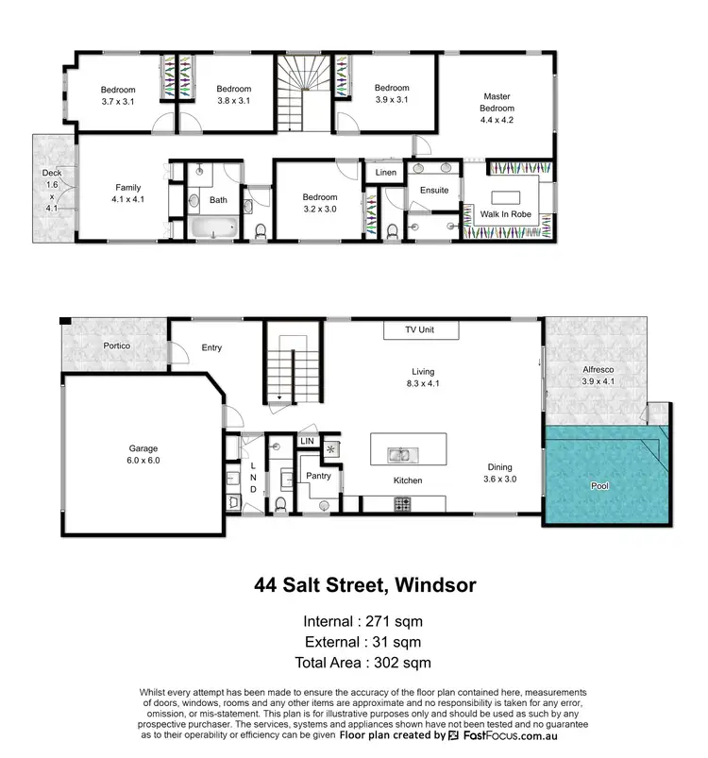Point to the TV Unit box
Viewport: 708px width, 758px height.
pyautogui.click(x=420, y=331)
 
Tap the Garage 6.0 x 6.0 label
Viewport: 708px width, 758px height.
pyautogui.click(x=143, y=455)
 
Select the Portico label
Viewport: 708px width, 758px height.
pyautogui.click(x=116, y=346)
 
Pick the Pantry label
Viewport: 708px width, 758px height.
pyautogui.click(x=318, y=477)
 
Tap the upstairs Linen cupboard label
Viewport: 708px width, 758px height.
pyautogui.click(x=385, y=173)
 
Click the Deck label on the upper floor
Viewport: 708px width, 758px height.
pyautogui.click(x=51, y=191)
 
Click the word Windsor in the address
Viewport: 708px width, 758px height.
pyautogui.click(x=432, y=585)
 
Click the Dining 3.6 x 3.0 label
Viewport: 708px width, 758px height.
pyautogui.click(x=500, y=473)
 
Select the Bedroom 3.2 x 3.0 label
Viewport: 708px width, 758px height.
pyautogui.click(x=319, y=203)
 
